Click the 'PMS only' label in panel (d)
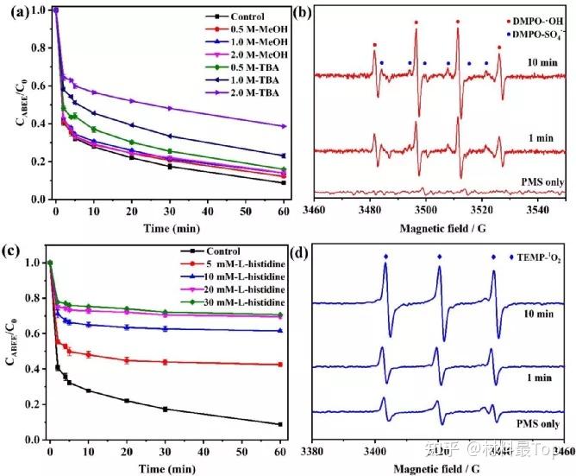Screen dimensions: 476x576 tap(538, 424)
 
